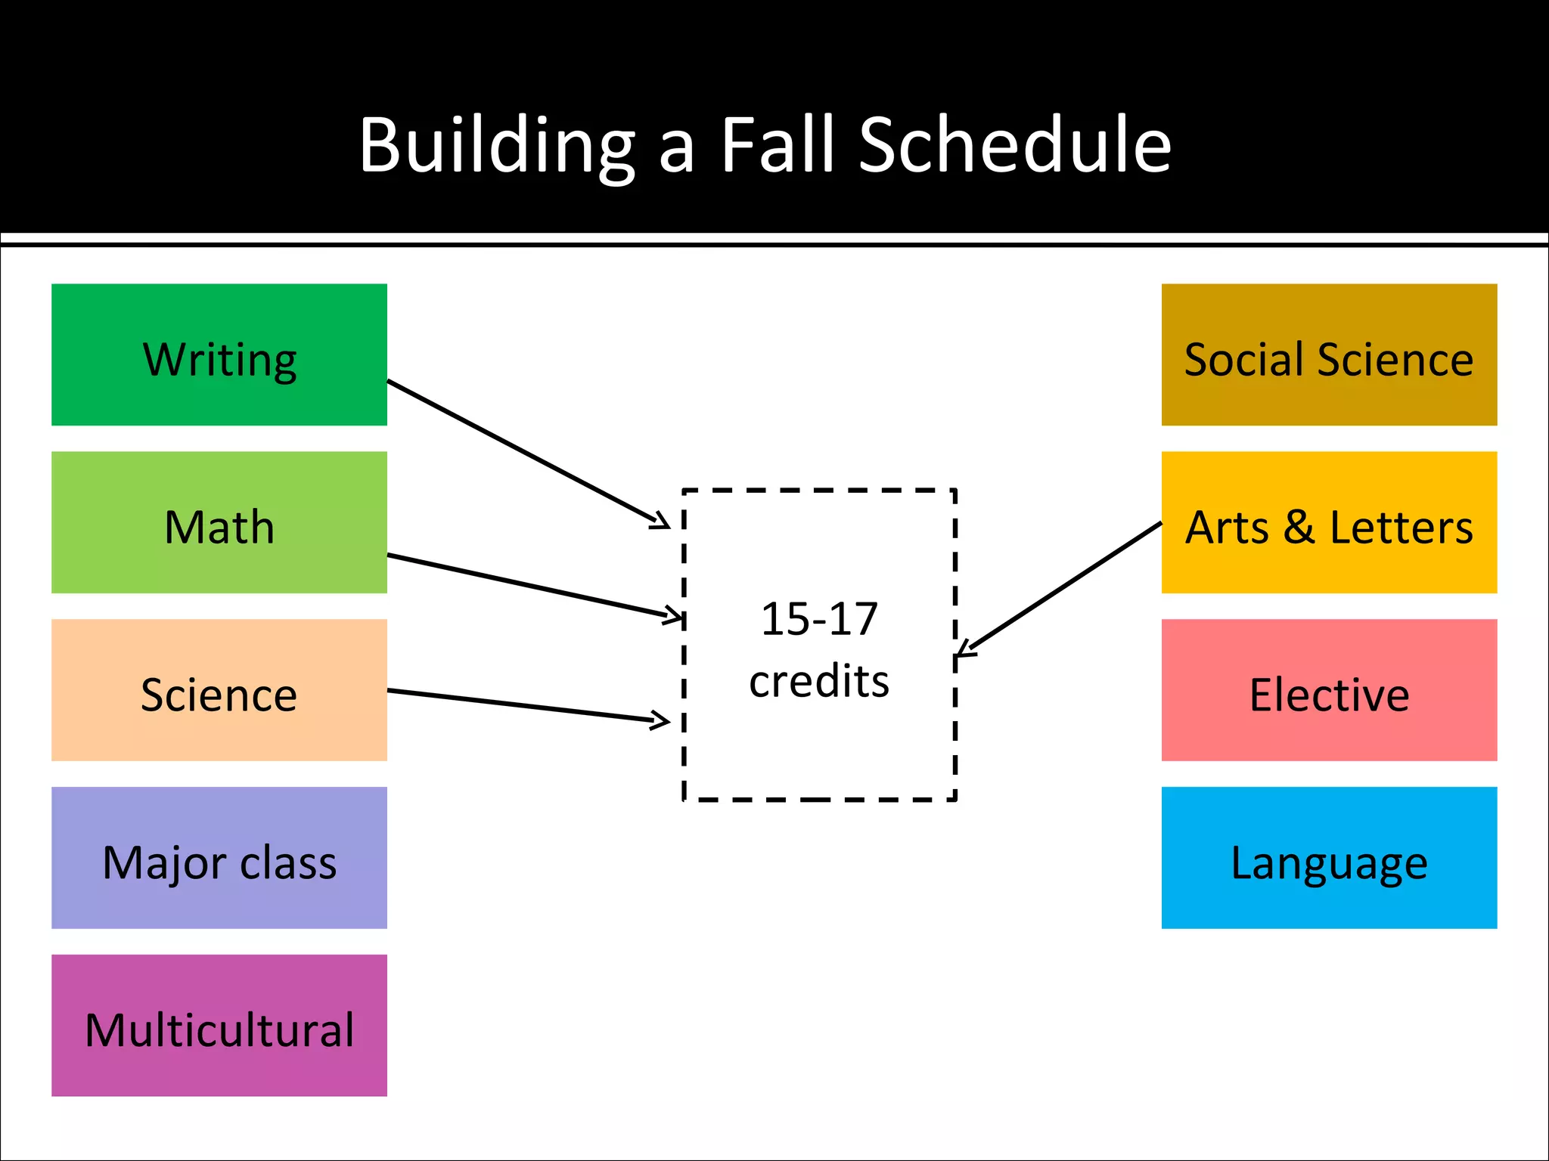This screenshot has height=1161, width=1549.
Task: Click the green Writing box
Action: coord(219,354)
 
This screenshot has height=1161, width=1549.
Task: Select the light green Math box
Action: coord(219,522)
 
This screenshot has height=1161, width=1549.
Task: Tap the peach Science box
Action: coord(219,690)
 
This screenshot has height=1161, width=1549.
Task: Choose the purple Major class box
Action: coord(219,858)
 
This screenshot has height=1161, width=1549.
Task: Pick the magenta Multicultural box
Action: coord(219,1026)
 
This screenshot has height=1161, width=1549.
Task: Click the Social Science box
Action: coord(1329,354)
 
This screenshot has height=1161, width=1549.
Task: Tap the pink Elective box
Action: coord(1329,690)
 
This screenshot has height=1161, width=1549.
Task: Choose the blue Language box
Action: coord(1329,858)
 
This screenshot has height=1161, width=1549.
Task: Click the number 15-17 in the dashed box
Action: coord(819,619)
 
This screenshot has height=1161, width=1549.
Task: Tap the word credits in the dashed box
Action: coord(819,681)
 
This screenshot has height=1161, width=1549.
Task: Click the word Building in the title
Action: coord(497,145)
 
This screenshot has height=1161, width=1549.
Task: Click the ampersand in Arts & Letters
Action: coord(1299,527)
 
